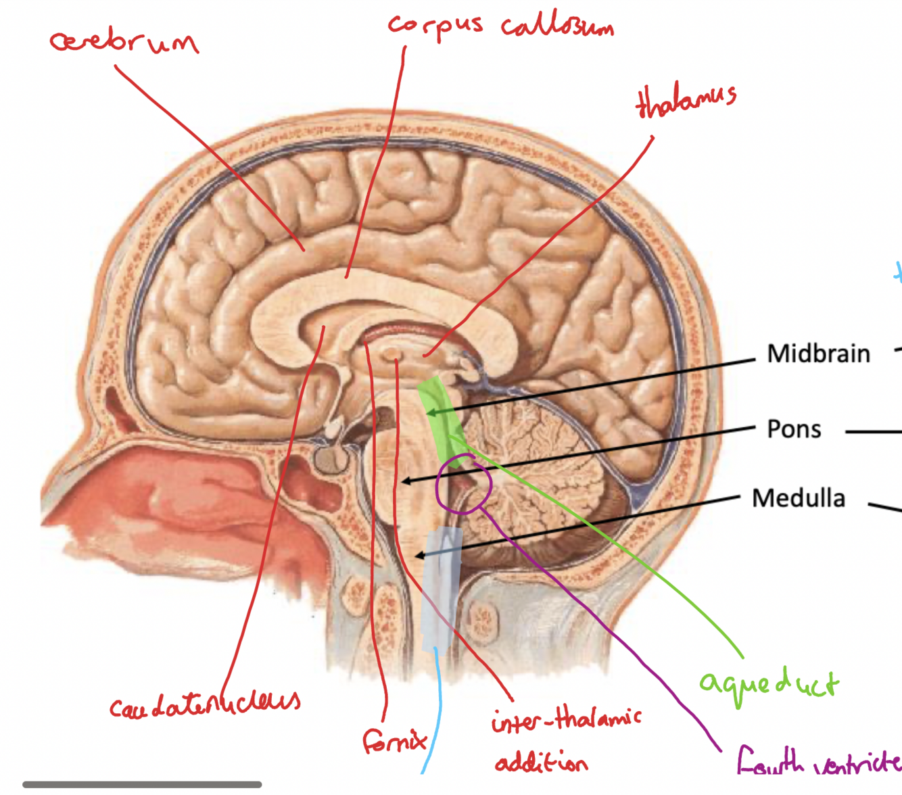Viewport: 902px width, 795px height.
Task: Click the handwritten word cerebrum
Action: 124,42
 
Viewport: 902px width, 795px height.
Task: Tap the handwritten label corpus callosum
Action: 500,26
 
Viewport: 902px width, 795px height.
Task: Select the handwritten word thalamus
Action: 686,101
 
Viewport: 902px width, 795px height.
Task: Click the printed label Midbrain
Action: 818,354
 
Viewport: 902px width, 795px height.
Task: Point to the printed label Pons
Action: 794,429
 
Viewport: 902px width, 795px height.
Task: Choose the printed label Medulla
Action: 799,499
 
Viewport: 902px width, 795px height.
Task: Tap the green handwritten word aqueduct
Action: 769,684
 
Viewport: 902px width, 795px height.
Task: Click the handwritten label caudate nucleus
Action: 205,704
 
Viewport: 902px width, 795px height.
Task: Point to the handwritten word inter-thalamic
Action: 566,720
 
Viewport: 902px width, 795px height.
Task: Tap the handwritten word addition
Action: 541,763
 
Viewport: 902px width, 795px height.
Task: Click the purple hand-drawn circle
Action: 464,485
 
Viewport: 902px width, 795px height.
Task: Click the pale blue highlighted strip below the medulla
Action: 441,588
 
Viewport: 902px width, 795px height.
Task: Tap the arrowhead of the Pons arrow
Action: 404,481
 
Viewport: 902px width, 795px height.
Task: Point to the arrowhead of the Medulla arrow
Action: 419,556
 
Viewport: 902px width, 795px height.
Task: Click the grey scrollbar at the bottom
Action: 142,785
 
